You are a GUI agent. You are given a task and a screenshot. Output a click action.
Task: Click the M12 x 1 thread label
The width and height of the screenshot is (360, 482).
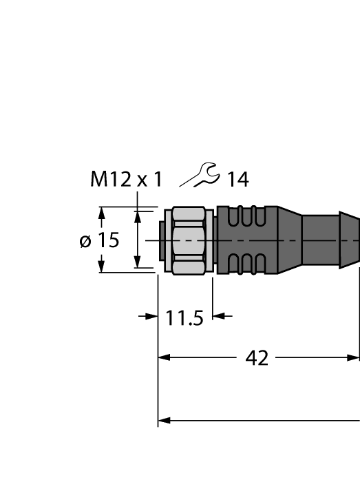point(126,180)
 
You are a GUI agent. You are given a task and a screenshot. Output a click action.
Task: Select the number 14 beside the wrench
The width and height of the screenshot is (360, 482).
point(237,180)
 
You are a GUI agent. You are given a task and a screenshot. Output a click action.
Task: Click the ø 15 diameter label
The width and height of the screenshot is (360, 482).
point(99,240)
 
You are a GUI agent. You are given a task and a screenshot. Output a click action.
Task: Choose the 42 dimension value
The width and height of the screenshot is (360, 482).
point(257,358)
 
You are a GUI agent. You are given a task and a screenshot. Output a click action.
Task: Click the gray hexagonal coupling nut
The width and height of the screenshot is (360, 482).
point(191,241)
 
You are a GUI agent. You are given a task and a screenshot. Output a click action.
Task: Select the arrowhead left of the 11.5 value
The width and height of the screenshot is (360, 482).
point(153,317)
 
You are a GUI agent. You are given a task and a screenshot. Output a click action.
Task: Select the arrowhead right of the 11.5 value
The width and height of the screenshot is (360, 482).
point(218,317)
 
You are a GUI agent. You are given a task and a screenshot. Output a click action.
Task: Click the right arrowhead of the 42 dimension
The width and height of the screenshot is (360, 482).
point(354,357)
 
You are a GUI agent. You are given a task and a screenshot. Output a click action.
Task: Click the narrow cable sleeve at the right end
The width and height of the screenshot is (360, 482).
point(330,240)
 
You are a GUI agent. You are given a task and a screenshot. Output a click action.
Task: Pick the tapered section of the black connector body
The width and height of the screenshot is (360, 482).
point(289,240)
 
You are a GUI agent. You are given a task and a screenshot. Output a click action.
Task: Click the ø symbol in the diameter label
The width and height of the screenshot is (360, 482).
point(85,241)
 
